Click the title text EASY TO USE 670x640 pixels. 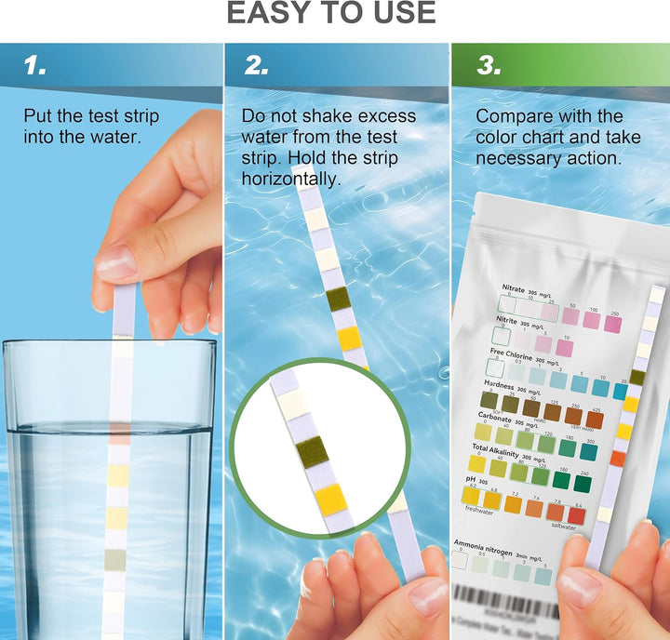pyautogui.click(x=331, y=13)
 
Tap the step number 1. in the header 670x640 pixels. pyautogui.click(x=34, y=66)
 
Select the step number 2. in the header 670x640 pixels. pyautogui.click(x=257, y=66)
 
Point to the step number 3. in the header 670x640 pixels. pyautogui.click(x=487, y=66)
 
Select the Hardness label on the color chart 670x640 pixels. pyautogui.click(x=499, y=384)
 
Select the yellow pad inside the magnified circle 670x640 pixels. pyautogui.click(x=330, y=500)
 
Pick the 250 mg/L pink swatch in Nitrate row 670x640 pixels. pyautogui.click(x=612, y=323)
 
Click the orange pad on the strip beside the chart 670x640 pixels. pyautogui.click(x=617, y=458)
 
